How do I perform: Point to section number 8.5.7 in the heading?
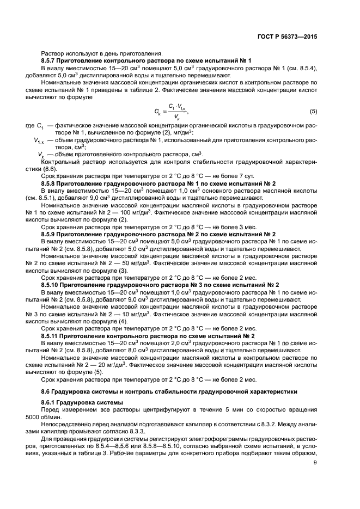click(x=51, y=60)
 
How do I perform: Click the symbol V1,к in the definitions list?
click(x=38, y=141)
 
